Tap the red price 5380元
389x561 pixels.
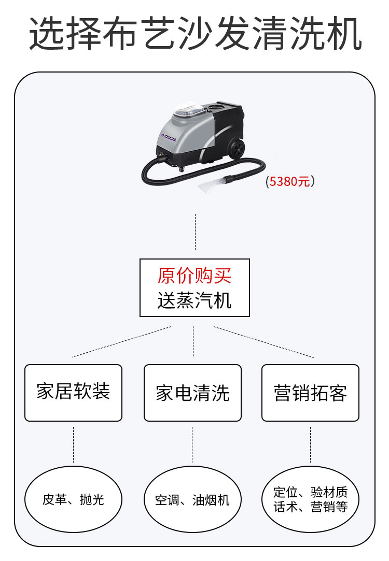(x=290, y=181)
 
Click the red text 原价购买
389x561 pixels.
(x=195, y=276)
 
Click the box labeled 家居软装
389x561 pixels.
(x=73, y=392)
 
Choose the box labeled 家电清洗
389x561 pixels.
(x=192, y=393)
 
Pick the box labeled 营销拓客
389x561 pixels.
(x=310, y=393)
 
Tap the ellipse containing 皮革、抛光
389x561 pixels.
(x=73, y=499)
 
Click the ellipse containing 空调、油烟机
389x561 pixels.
(x=192, y=499)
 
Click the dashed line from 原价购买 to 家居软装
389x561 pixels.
(x=122, y=342)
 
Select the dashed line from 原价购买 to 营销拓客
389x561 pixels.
(x=263, y=342)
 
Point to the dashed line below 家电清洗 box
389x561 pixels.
(x=192, y=444)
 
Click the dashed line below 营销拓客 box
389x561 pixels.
(x=310, y=444)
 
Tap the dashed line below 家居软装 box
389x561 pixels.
(x=73, y=444)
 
